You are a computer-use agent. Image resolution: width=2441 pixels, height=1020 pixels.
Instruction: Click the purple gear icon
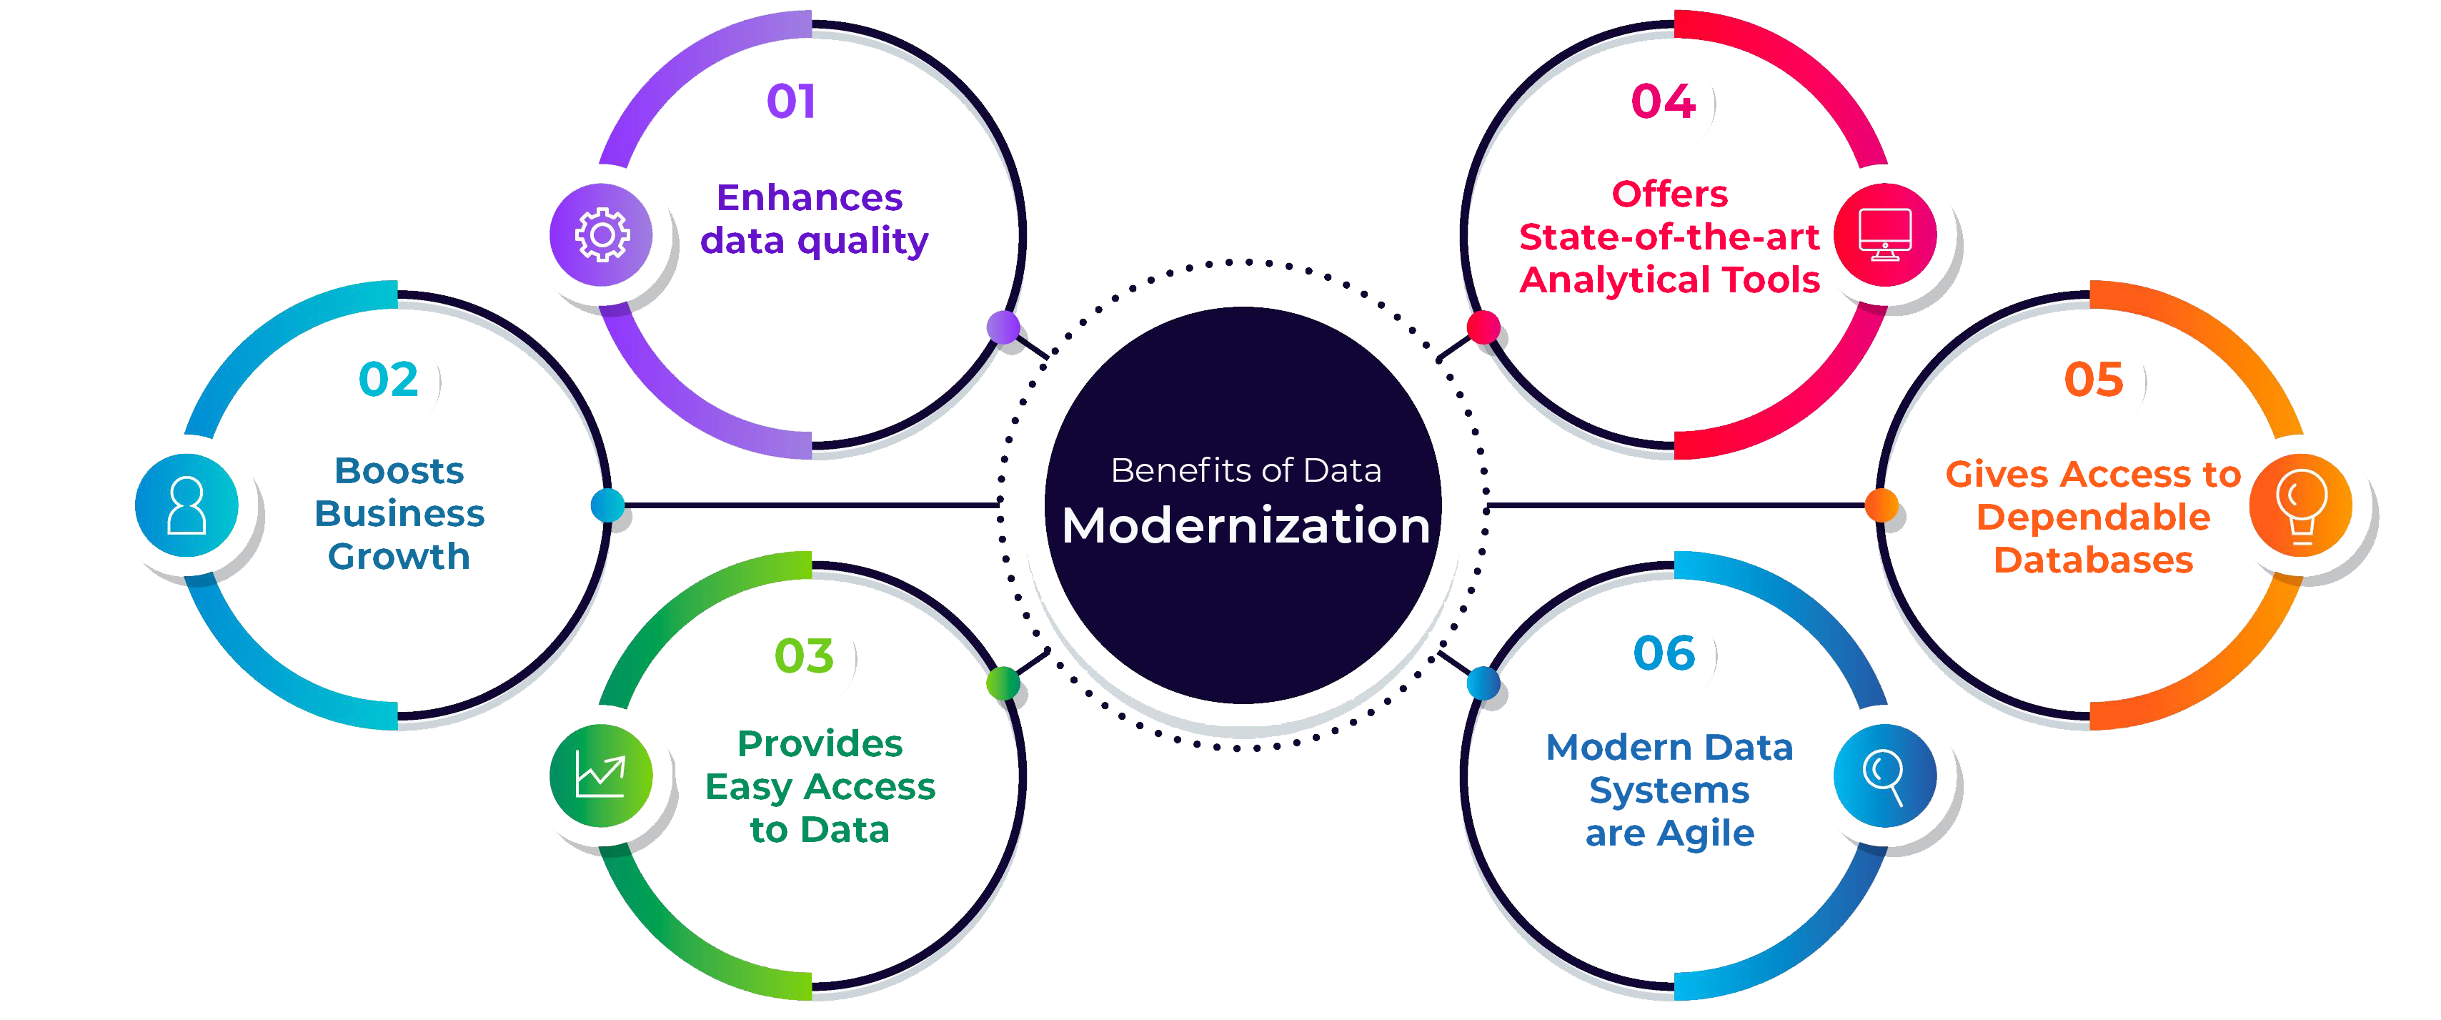[602, 234]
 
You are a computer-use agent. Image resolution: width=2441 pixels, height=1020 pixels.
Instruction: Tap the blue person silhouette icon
[187, 505]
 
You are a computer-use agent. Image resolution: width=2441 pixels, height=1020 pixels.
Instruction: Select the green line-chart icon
[601, 776]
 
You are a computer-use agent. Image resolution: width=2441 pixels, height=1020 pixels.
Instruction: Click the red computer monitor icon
[1885, 235]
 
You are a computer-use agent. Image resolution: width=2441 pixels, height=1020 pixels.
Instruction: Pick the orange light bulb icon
[2301, 506]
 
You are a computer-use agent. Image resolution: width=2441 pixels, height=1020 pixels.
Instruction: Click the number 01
[791, 101]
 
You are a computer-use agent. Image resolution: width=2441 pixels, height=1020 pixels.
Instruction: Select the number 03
[805, 656]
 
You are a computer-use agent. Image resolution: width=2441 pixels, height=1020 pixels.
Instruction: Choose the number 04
[1663, 101]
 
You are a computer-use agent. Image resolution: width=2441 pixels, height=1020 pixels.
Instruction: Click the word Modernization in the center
[1246, 525]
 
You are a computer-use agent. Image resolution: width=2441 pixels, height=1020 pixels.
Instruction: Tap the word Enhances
[809, 197]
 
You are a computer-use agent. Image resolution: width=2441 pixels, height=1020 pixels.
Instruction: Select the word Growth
[399, 556]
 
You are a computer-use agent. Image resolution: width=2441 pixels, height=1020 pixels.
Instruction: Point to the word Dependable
[2093, 518]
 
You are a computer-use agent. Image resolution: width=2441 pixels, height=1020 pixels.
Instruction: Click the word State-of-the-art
[1670, 237]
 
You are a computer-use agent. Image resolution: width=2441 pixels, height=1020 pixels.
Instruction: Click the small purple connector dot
[1003, 327]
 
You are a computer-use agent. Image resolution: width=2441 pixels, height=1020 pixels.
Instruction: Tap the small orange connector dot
[1881, 505]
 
